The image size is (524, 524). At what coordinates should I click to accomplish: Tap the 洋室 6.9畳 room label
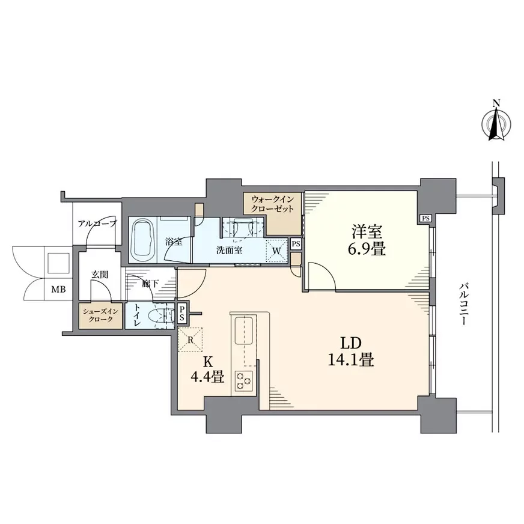point(367,240)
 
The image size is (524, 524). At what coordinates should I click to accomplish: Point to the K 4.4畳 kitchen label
point(207,370)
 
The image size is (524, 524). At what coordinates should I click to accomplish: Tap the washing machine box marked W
point(276,251)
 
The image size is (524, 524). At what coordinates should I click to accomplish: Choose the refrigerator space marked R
point(190,340)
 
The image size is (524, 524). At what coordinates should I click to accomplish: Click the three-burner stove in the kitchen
point(243,380)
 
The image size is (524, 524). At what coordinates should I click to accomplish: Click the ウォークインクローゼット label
point(273,204)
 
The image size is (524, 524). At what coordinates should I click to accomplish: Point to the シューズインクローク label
point(100,315)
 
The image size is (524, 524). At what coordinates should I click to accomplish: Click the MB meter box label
point(58,290)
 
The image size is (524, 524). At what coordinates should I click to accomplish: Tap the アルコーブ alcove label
point(97,223)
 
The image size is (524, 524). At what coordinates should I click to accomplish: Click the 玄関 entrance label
point(100,275)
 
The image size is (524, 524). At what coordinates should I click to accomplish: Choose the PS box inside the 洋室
point(425,219)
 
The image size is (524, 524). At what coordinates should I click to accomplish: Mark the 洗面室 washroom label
point(229,251)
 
